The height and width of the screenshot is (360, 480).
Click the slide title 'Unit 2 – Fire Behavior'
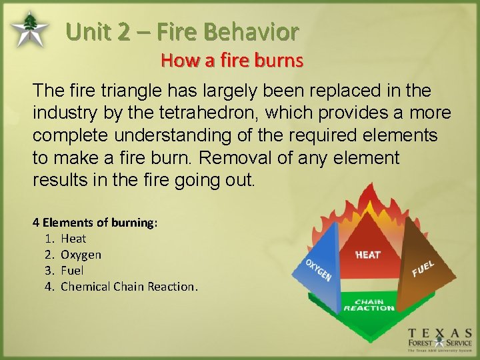(x=182, y=31)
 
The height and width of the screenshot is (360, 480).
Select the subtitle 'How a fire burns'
(x=231, y=61)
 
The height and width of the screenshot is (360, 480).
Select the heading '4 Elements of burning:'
(x=95, y=223)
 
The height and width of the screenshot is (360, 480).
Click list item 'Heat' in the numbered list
(x=73, y=239)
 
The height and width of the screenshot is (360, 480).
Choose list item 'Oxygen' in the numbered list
(x=81, y=255)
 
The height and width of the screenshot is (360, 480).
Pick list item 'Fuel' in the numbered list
(x=72, y=271)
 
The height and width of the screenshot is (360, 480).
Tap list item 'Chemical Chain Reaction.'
(x=129, y=287)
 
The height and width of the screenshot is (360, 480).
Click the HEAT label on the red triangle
(x=368, y=255)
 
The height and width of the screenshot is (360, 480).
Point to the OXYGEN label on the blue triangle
(x=318, y=269)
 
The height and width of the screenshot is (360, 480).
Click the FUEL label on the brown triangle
(x=423, y=269)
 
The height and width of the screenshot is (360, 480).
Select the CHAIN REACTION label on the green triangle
(x=369, y=305)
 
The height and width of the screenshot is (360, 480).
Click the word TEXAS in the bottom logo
(x=440, y=333)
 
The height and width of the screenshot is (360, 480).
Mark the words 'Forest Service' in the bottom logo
(x=440, y=344)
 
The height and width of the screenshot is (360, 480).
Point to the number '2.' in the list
(x=48, y=255)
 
